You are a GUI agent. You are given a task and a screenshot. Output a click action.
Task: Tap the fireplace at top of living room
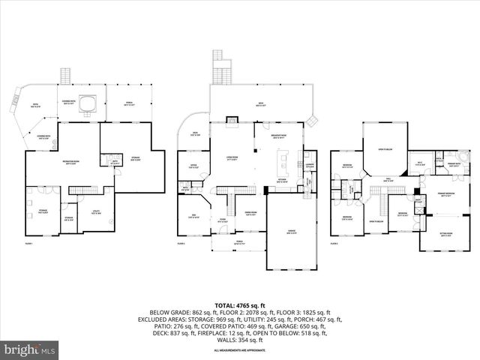coord(232,119)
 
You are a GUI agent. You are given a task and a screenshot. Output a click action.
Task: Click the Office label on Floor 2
coord(193,166)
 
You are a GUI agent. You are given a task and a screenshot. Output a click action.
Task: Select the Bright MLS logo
coord(30,349)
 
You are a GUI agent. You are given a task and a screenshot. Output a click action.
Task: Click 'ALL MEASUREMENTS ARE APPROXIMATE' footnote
coord(240,350)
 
